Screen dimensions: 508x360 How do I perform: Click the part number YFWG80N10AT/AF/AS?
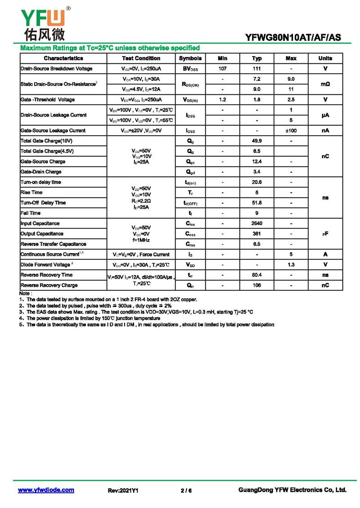(x=293, y=38)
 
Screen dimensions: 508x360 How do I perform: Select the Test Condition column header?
(x=141, y=58)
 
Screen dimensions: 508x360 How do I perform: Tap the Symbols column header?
(x=190, y=58)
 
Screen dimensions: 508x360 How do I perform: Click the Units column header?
(x=325, y=58)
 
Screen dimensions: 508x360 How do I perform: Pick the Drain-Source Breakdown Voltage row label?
(x=56, y=69)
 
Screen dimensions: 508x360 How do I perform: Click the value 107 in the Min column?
(x=222, y=69)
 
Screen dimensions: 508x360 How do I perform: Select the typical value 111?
(x=256, y=69)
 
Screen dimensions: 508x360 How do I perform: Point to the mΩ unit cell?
(x=325, y=84)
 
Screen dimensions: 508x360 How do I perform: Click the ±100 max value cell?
(x=291, y=131)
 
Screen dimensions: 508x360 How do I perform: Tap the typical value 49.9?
(x=256, y=141)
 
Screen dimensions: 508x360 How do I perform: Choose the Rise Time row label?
(x=31, y=192)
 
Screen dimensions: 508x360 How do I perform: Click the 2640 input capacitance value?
(x=256, y=223)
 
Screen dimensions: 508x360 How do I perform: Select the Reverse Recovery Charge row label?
(x=49, y=285)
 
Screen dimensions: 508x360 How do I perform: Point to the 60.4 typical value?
(x=256, y=275)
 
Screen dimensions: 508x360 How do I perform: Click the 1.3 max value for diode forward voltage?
(x=291, y=265)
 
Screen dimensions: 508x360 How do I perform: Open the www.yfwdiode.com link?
(x=46, y=490)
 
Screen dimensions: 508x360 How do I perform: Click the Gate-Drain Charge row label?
(x=41, y=172)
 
